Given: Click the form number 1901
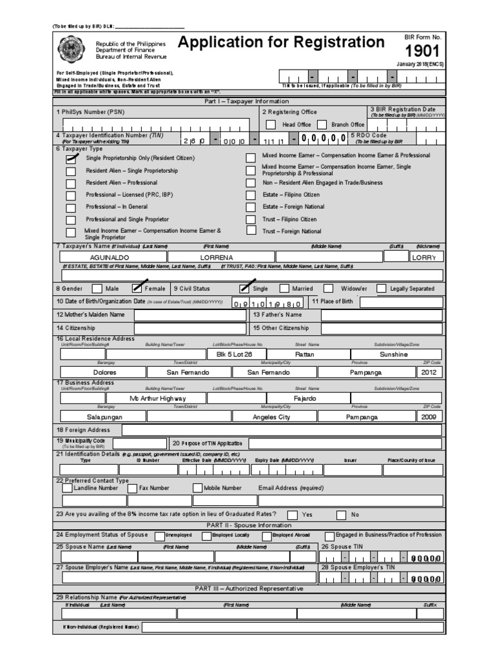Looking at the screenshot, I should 423,52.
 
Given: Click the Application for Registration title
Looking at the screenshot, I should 281,43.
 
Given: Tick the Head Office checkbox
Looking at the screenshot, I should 271,124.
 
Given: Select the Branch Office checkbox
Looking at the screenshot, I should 320,124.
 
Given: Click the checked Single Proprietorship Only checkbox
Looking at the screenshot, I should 71,158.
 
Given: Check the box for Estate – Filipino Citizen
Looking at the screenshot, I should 251,195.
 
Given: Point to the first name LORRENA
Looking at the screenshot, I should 217,257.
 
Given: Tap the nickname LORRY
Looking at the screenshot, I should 426,257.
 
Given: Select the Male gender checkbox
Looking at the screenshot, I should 97,289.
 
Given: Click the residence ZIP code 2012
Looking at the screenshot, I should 429,373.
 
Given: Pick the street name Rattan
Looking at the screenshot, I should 305,354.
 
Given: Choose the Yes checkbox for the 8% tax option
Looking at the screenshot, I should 292,514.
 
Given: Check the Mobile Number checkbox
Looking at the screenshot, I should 197,488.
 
